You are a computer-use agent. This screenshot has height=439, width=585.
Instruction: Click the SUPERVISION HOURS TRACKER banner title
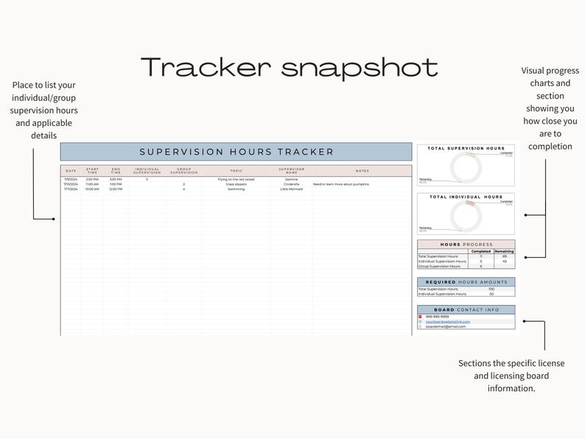(x=237, y=152)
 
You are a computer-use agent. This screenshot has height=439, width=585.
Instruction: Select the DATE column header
(x=71, y=171)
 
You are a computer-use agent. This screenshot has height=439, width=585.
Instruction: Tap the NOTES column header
(x=362, y=171)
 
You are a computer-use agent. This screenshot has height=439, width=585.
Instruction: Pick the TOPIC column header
(x=236, y=171)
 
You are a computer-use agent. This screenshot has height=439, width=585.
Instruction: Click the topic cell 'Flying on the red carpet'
(x=236, y=179)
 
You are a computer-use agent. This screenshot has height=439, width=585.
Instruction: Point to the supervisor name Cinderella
(x=291, y=184)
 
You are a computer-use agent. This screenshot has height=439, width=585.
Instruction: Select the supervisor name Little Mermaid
(x=291, y=189)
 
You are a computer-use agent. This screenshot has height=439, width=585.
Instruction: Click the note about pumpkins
(x=340, y=184)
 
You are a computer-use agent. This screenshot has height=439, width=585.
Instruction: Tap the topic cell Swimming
(x=236, y=189)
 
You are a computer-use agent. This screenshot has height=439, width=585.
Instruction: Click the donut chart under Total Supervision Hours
(x=466, y=167)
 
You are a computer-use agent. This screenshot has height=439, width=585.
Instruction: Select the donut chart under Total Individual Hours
(x=466, y=215)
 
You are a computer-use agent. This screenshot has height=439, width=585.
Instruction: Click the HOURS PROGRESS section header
(x=466, y=245)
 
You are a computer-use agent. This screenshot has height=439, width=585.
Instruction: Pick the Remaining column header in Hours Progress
(x=504, y=251)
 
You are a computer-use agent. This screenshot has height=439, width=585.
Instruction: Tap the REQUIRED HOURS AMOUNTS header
(x=466, y=282)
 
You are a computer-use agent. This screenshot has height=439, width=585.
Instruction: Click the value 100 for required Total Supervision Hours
(x=491, y=289)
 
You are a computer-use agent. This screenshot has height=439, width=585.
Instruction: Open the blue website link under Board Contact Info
(x=447, y=322)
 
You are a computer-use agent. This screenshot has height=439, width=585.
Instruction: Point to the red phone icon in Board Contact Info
(x=421, y=317)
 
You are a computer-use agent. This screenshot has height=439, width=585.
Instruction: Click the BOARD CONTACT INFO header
(x=466, y=310)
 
